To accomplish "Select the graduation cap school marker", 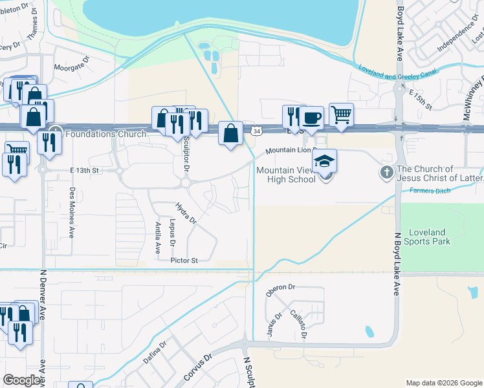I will [325, 160].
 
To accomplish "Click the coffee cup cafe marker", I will [311, 118].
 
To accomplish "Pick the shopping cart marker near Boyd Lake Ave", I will [341, 114].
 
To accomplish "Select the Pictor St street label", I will [184, 260].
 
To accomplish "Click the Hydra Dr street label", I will [186, 212].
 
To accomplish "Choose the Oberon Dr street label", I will [280, 287].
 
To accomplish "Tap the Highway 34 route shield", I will [258, 131].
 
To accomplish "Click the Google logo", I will [23, 380].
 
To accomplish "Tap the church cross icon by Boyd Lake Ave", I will [386, 173].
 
